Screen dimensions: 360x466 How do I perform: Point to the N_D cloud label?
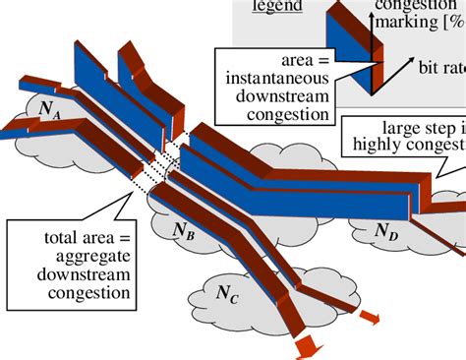point(387,232)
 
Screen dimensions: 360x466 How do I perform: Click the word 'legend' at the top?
point(275,8)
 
